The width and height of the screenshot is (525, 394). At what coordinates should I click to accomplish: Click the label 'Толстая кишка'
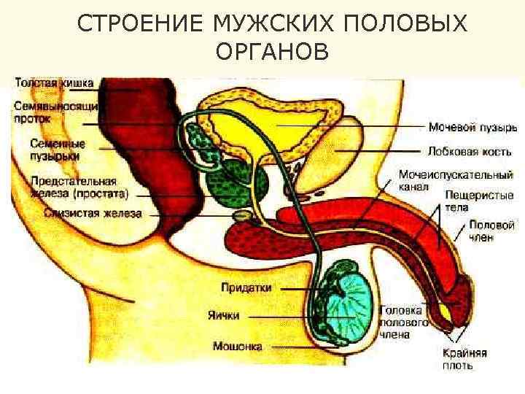click(54, 84)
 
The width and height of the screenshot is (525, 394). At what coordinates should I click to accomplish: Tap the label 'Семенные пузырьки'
click(58, 150)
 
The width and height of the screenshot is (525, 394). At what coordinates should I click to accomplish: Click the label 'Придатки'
click(246, 288)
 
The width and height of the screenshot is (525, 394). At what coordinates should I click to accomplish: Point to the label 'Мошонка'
click(238, 346)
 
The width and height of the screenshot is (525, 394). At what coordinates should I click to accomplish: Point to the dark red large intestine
click(168, 146)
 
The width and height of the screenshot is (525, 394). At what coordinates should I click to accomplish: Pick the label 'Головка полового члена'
click(402, 322)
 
